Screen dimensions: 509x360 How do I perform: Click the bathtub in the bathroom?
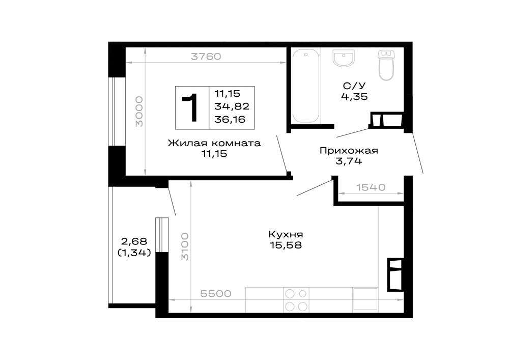[305, 86]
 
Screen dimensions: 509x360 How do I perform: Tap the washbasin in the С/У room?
[344, 58]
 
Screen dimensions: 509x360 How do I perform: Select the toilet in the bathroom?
[386, 65]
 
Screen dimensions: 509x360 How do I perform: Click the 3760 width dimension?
[206, 57]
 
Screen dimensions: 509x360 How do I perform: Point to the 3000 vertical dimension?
[139, 112]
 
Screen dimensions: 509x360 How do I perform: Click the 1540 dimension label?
[371, 187]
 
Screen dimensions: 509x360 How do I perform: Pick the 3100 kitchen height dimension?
[185, 246]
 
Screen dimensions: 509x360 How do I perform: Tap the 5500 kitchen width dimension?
[216, 294]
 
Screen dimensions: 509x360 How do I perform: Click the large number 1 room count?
[190, 107]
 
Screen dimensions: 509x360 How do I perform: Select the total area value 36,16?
[230, 120]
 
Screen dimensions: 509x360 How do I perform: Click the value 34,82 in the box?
[232, 106]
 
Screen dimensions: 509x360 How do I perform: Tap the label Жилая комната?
[214, 143]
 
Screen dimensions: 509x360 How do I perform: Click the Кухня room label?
[286, 234]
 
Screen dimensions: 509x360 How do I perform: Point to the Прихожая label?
[349, 151]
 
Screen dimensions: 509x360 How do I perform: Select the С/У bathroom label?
[354, 86]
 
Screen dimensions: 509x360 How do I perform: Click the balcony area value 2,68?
[134, 241]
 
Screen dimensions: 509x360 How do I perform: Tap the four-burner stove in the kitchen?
[296, 299]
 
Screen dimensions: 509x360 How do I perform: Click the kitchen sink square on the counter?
[365, 299]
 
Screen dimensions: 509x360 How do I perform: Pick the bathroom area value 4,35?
[354, 96]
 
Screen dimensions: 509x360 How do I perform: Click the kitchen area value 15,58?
[286, 245]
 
